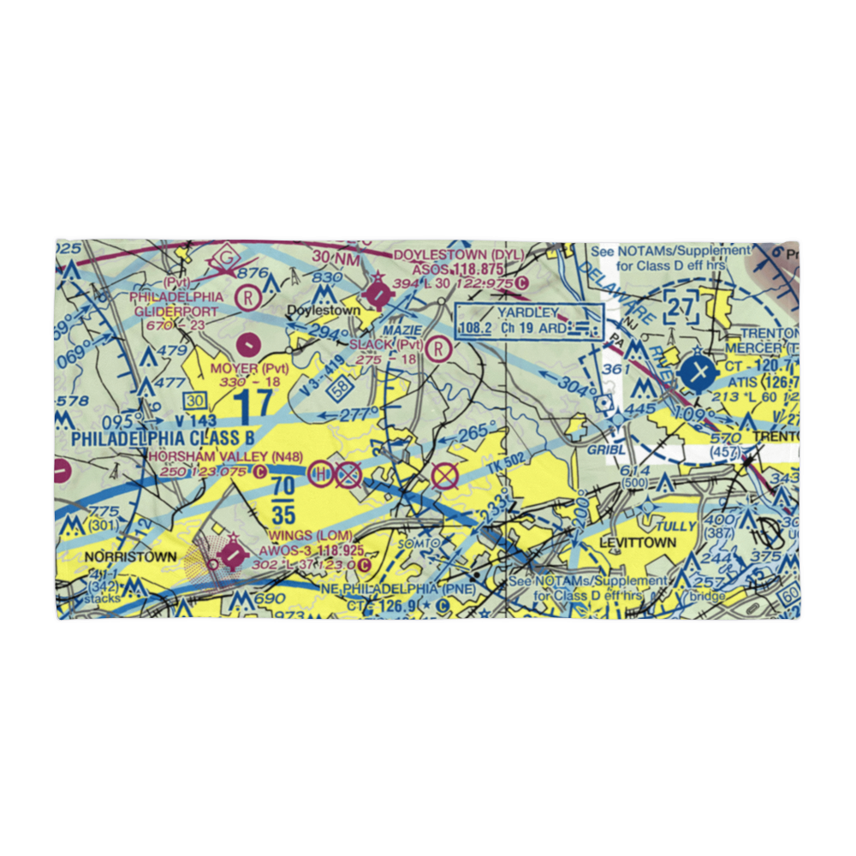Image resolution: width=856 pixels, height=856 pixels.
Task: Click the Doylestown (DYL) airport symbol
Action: [x=377, y=293]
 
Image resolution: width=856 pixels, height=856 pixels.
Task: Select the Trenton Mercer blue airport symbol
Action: [x=699, y=372]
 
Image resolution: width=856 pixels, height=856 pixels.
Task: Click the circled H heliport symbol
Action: [x=320, y=473]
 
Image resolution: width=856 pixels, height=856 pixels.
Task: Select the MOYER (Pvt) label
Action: [x=250, y=368]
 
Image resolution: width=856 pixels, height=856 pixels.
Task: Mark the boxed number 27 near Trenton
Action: [x=682, y=307]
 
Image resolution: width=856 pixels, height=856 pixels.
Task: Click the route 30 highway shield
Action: [x=196, y=401]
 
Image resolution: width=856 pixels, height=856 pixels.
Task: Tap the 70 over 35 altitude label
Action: [x=283, y=501]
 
